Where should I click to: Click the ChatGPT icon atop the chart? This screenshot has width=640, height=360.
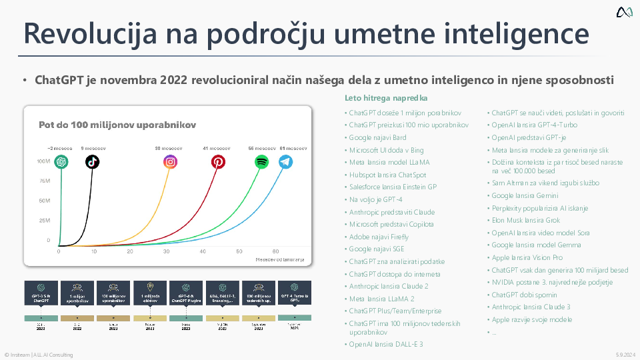tap(62, 161)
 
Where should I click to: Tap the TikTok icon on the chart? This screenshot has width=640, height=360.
tap(92, 161)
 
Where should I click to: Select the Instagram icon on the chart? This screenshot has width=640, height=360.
tap(171, 161)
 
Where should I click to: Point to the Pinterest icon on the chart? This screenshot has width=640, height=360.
tap(218, 161)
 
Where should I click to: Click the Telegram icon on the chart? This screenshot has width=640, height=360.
tap(285, 161)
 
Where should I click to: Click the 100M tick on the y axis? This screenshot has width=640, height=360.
tap(43, 161)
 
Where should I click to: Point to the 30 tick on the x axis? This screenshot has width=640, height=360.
tap(165, 251)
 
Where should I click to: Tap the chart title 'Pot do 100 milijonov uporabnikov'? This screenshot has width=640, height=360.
tap(117, 125)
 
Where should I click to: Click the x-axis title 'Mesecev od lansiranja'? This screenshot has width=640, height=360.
tap(279, 259)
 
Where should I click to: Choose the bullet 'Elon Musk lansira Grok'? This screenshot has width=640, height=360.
tap(525, 219)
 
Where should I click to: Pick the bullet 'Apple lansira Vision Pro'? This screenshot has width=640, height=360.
tap(527, 257)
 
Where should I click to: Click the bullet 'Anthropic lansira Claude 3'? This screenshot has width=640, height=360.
tap(531, 307)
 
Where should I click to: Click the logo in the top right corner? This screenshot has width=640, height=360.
tap(624, 12)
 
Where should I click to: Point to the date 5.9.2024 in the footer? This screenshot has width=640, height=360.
tap(625, 355)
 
